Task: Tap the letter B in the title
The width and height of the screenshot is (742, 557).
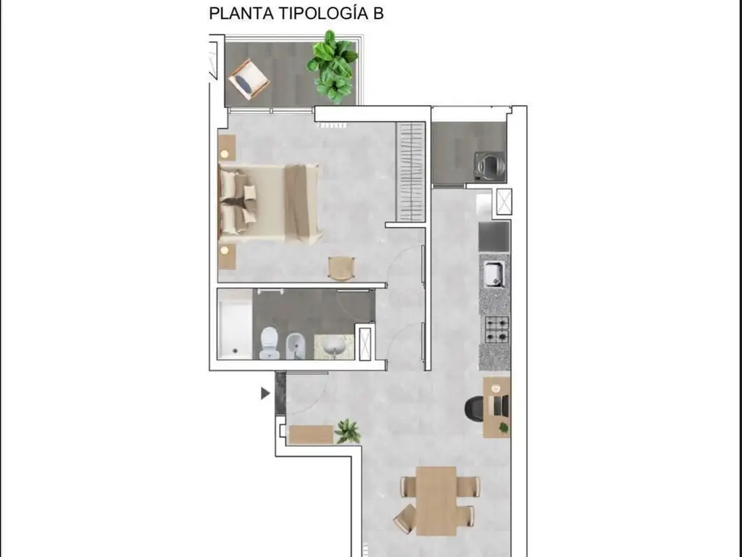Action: (x=378, y=14)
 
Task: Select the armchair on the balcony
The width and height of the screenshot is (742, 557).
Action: (x=249, y=78)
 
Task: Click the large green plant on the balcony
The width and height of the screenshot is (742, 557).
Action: (x=333, y=65)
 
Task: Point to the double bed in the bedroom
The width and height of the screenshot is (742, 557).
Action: (x=270, y=202)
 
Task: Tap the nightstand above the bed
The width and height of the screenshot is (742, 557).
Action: (x=228, y=147)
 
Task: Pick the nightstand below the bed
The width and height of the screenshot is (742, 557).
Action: (x=228, y=256)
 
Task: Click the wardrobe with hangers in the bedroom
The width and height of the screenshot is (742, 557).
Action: (x=411, y=172)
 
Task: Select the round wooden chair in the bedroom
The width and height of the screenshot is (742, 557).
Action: (x=341, y=268)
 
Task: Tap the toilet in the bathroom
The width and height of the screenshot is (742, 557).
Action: (x=270, y=342)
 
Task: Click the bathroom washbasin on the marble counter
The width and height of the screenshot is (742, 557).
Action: (x=334, y=346)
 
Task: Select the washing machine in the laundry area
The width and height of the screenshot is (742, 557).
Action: (x=489, y=165)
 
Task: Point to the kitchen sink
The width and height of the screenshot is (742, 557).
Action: (x=494, y=274)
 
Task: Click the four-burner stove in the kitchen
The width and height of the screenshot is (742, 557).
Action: (x=496, y=329)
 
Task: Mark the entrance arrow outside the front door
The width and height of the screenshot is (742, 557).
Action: (x=265, y=393)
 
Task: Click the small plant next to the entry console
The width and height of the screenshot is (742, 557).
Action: (x=349, y=431)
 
